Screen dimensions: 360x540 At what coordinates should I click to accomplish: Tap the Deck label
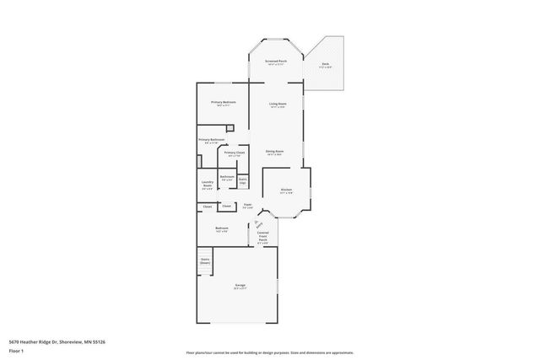tap(325, 64)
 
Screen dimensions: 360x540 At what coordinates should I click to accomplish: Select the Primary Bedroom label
tap(224, 103)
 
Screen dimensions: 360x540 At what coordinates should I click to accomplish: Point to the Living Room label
tap(278, 105)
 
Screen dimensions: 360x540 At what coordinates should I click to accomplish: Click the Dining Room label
tap(275, 153)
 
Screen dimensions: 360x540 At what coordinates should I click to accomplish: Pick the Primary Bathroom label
tap(211, 140)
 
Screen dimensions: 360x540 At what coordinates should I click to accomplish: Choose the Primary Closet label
tap(235, 153)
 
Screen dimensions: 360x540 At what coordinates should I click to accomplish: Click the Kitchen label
tap(286, 191)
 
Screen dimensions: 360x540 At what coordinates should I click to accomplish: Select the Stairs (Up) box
tap(242, 180)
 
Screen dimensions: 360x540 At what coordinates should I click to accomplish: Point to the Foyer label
tap(248, 205)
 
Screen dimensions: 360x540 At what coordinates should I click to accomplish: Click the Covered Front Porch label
tap(263, 237)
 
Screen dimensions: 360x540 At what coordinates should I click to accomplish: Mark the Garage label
tap(240, 286)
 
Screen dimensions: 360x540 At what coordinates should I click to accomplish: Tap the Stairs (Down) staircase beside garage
tap(204, 261)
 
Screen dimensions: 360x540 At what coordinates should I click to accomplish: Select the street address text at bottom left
tap(57, 342)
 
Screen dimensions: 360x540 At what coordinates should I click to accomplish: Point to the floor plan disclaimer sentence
tap(269, 352)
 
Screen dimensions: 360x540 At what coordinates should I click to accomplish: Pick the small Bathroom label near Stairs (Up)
tap(227, 177)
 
